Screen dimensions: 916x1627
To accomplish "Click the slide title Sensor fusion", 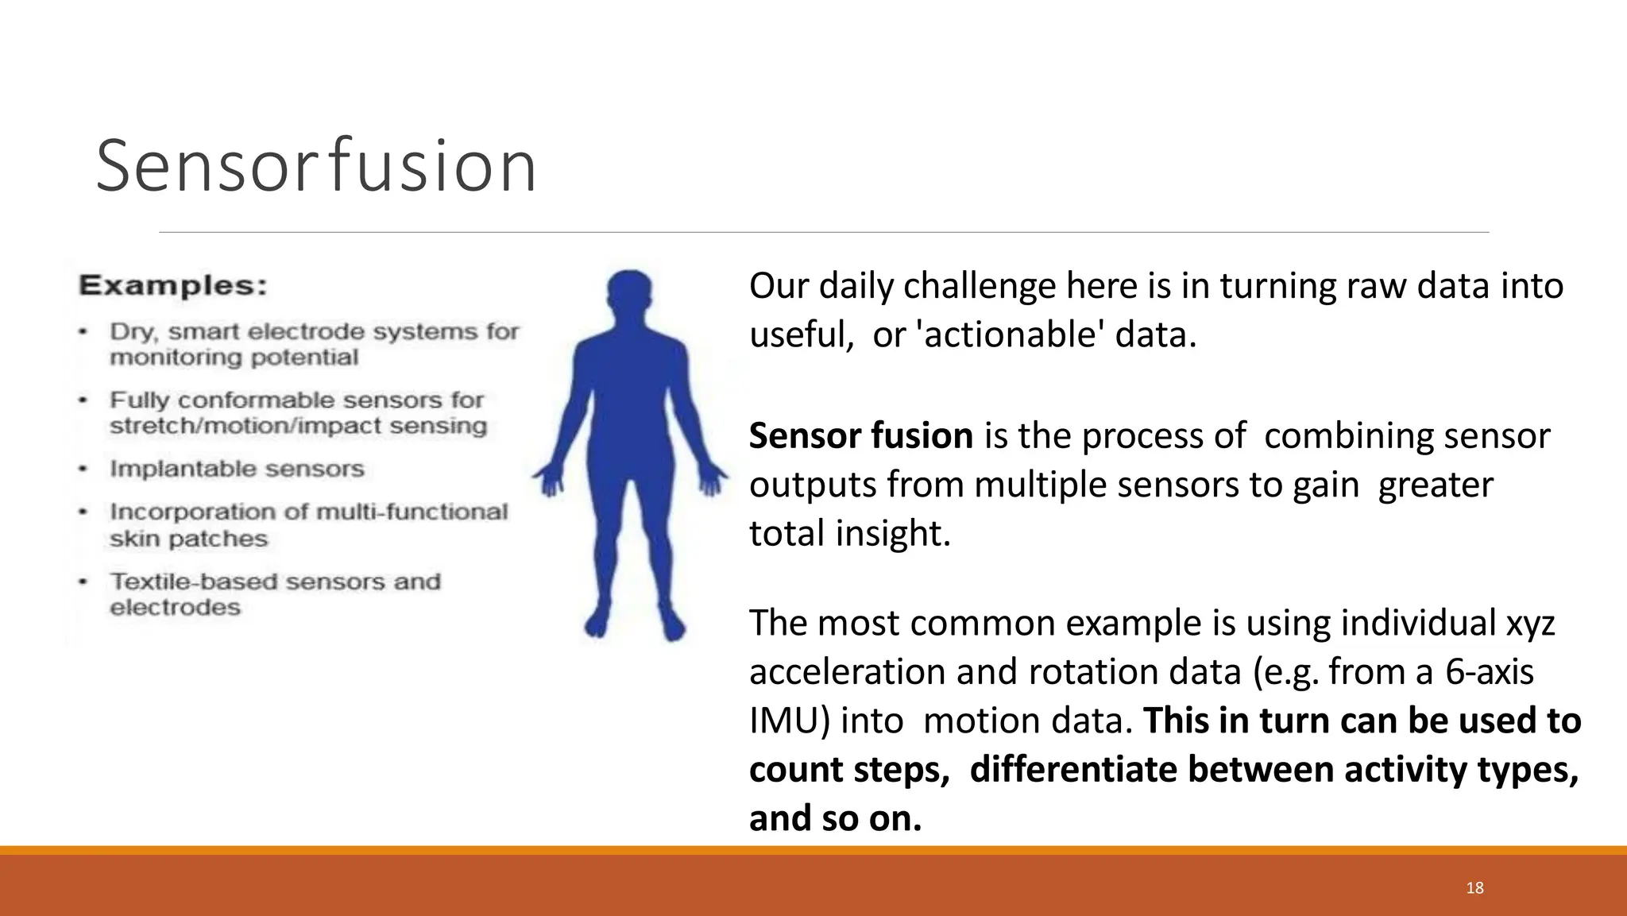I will click(316, 166).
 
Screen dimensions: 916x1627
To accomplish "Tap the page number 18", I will click(1474, 887).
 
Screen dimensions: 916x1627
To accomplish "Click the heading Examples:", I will click(173, 285).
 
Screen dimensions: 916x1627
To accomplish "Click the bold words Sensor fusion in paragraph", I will click(860, 436).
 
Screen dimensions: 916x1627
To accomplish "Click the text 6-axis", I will click(1489, 672).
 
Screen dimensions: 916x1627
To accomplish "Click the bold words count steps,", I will click(848, 770).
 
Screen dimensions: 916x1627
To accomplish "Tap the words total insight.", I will click(849, 533).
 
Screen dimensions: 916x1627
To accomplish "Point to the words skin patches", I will click(188, 539).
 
